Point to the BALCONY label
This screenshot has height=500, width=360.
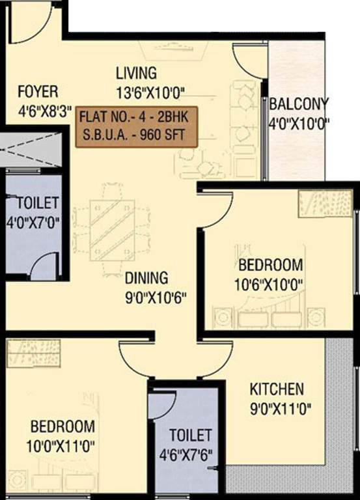299,104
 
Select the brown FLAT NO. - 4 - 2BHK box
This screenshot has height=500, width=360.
137,127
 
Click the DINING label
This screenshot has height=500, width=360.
146,278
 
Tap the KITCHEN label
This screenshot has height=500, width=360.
277,389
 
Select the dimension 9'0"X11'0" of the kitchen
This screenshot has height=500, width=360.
281,410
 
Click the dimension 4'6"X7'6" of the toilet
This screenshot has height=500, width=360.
191,453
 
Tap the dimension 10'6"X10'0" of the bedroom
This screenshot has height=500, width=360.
270,285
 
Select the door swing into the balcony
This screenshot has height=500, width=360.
251,62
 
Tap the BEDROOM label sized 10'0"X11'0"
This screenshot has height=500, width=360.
62,427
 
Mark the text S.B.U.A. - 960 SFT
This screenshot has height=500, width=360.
137,137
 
